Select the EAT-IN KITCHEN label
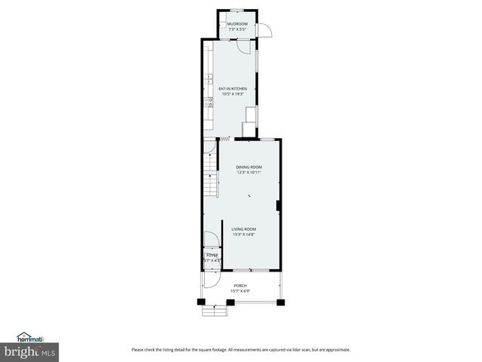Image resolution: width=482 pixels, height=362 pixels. [233, 88]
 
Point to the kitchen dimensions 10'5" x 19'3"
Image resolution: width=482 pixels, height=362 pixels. [233, 94]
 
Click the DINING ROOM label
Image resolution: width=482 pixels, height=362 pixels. [249, 167]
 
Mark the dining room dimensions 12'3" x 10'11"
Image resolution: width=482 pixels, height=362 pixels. [249, 173]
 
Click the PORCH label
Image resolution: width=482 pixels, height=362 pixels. [240, 285]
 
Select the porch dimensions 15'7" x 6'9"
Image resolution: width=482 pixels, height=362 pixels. [240, 291]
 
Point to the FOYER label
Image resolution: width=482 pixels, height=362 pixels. [212, 256]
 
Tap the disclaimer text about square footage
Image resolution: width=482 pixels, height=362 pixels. [240, 349]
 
